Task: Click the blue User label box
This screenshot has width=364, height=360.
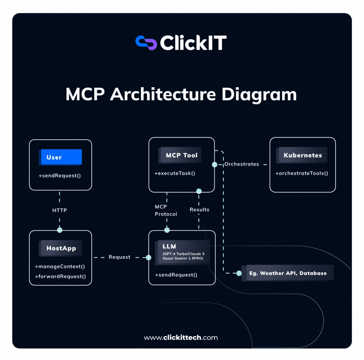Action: pos(61,157)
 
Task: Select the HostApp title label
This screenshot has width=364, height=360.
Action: pos(61,248)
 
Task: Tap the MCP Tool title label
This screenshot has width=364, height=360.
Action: pos(182,155)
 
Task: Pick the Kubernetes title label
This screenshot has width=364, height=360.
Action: pos(303,155)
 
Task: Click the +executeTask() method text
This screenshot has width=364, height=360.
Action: pos(175,173)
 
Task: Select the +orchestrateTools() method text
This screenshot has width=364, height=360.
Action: pos(302,173)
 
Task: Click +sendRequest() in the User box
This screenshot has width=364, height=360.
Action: pos(60,176)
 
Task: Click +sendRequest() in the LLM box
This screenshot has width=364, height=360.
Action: pos(176,275)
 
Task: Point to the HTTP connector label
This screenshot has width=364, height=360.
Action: pos(59,210)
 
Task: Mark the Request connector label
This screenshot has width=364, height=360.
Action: pos(119,257)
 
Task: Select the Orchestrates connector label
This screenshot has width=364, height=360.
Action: pos(241,164)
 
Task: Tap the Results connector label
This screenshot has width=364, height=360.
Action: pos(199,210)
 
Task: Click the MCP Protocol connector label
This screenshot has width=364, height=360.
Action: pos(166,210)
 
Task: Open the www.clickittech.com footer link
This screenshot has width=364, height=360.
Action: pos(181,338)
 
